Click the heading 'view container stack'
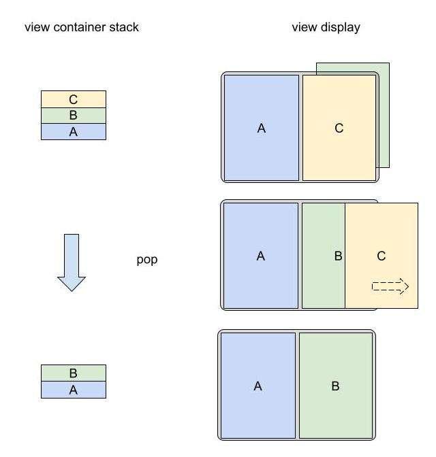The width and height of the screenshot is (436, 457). [x=82, y=28]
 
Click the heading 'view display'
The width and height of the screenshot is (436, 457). [x=326, y=28]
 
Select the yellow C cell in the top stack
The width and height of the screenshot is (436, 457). [x=74, y=99]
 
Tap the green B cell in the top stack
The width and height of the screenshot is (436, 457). [x=74, y=116]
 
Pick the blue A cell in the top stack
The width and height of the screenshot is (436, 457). [x=74, y=132]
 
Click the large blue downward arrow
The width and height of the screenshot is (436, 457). [x=71, y=263]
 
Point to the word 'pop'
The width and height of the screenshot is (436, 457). [x=147, y=260]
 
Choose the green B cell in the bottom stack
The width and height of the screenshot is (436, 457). [x=74, y=373]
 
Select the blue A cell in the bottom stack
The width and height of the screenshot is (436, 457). [x=74, y=390]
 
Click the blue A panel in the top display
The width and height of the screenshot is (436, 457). [x=261, y=128]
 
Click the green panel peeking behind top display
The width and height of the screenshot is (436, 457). [x=384, y=116]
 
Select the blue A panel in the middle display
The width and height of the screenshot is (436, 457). [x=261, y=256]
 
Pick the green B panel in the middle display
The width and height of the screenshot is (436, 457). [x=324, y=256]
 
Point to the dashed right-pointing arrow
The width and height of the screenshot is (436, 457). [x=390, y=286]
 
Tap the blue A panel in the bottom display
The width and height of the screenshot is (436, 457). [x=258, y=386]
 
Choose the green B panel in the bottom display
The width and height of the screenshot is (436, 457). [x=335, y=386]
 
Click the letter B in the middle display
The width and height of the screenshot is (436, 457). [x=338, y=256]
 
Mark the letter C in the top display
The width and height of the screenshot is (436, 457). [x=339, y=128]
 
